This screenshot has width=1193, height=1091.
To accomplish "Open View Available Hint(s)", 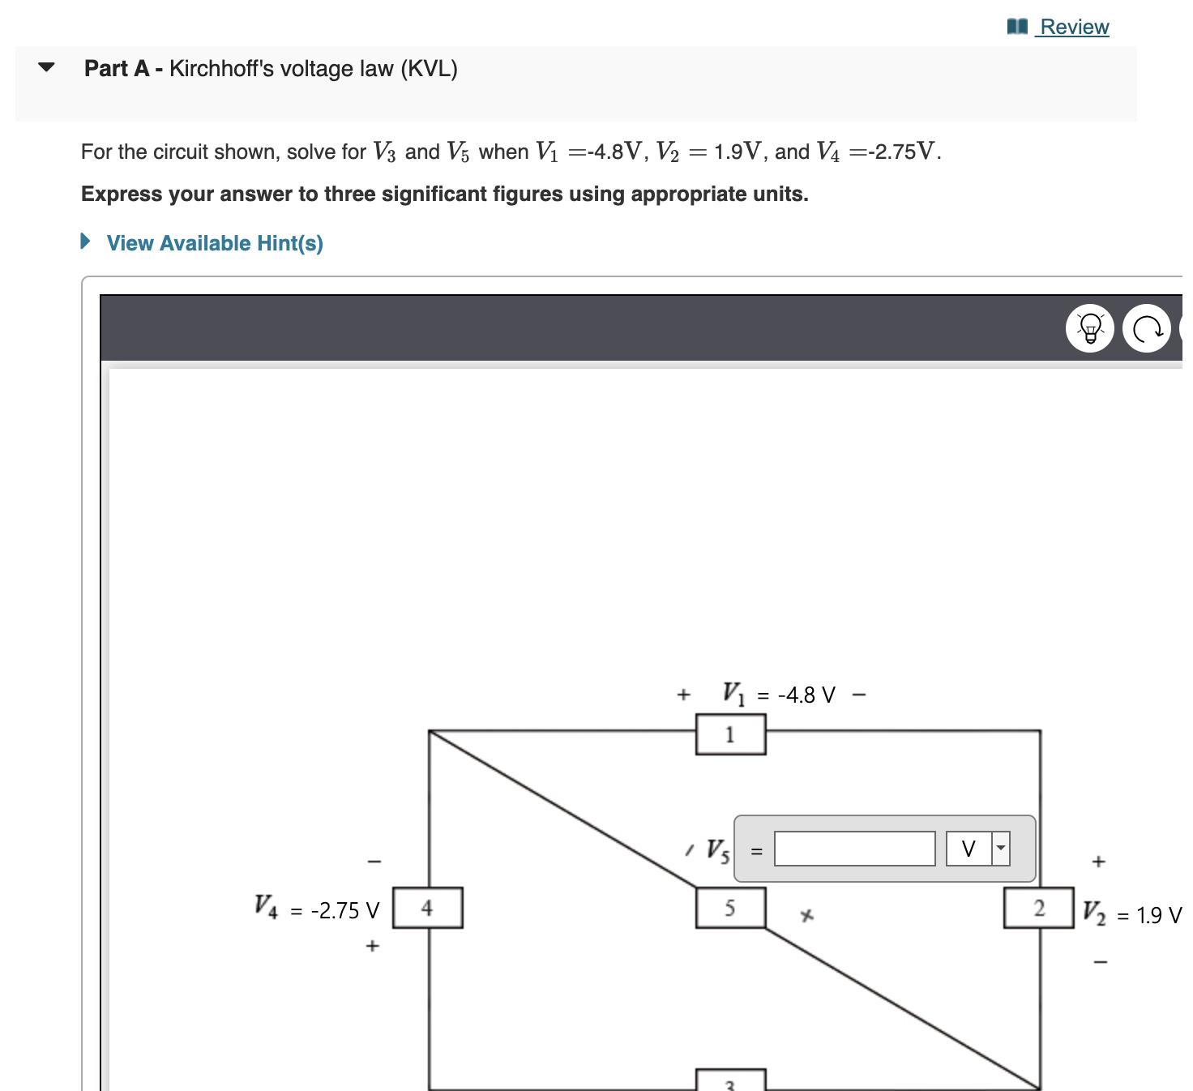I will click(x=214, y=243).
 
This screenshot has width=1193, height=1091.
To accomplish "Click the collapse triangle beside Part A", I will click(x=47, y=67).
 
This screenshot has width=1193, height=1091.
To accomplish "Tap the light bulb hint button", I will click(x=1089, y=328).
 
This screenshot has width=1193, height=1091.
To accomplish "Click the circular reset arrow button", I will click(x=1146, y=328).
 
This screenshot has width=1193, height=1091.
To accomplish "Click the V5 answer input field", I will click(x=854, y=849).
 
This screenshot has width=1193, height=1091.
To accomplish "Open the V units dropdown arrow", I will click(x=1001, y=849).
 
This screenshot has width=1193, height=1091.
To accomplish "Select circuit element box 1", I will click(x=730, y=734).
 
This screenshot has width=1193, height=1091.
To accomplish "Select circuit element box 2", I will click(x=1038, y=908).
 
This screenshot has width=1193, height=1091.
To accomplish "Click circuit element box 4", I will click(x=427, y=908).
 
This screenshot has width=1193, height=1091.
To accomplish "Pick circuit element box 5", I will click(x=730, y=908).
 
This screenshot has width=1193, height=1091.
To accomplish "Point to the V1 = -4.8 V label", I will click(x=778, y=695).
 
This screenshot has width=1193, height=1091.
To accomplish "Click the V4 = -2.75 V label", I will click(x=317, y=909).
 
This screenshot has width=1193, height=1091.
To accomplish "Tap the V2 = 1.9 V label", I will click(x=1131, y=914).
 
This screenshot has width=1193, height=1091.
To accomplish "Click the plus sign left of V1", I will click(x=683, y=695).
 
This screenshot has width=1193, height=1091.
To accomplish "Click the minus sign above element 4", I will click(x=374, y=861).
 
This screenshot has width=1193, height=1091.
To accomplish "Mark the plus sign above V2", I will click(x=1098, y=861).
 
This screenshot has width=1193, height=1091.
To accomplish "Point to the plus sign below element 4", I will click(x=372, y=945).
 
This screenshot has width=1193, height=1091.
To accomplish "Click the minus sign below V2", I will click(x=1100, y=962).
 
